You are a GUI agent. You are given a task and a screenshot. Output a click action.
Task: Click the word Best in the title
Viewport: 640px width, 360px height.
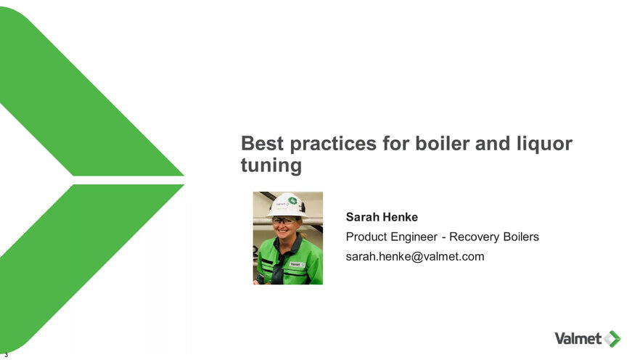[262, 143]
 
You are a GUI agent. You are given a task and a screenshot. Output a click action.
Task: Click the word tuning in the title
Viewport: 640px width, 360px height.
[271, 166]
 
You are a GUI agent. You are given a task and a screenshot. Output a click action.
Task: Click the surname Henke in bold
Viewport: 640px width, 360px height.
[401, 217]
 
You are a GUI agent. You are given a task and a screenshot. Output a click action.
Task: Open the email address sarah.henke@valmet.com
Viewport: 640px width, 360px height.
[415, 256]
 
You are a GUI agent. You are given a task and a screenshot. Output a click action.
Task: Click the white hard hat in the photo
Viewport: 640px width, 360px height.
[287, 205]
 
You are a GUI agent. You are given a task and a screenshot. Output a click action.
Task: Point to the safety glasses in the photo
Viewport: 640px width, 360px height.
[284, 221]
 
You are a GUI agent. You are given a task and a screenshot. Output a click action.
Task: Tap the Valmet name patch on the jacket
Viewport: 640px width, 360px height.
[295, 264]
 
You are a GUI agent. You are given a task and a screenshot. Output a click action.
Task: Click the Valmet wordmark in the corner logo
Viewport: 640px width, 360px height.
[578, 338]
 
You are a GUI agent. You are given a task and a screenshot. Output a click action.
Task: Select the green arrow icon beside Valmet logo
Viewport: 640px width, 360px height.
[612, 339]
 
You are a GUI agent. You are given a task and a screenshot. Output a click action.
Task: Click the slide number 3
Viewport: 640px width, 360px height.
[6, 355]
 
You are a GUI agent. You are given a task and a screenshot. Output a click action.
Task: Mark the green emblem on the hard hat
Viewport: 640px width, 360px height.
[292, 201]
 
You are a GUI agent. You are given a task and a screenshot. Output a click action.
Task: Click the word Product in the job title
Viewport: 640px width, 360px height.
[366, 237]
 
